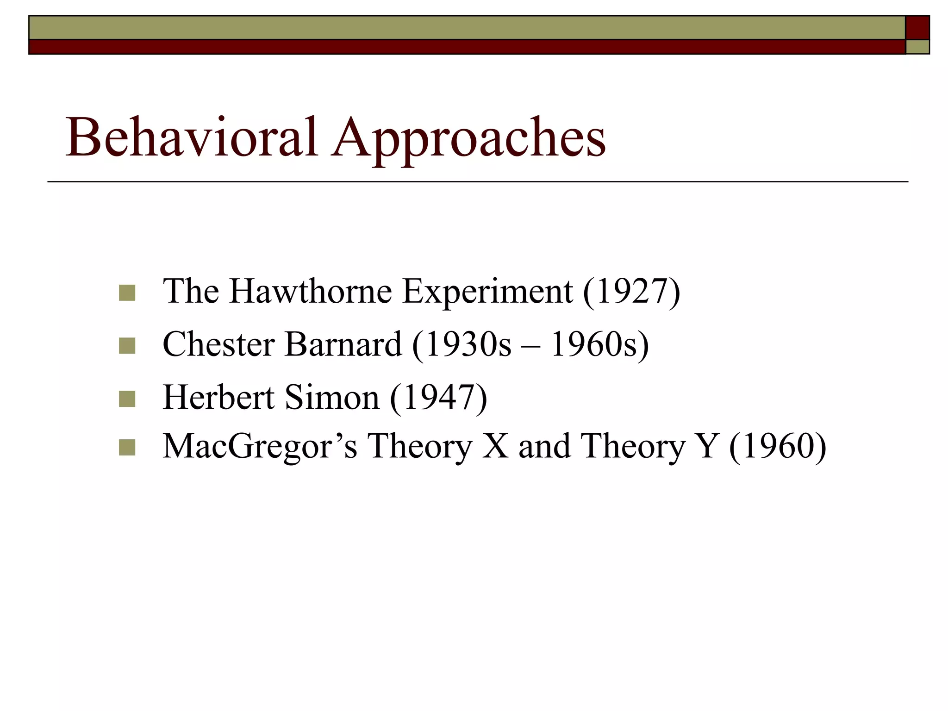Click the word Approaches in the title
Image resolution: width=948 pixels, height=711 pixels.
tap(468, 139)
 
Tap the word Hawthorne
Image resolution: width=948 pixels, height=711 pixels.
tap(311, 292)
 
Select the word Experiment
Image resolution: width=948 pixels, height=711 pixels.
tap(487, 293)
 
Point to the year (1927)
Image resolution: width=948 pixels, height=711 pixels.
tap(631, 292)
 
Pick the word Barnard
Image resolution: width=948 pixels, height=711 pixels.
tap(343, 344)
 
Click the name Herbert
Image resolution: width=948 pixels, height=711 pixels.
tap(218, 397)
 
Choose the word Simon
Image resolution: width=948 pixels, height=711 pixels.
tap(331, 397)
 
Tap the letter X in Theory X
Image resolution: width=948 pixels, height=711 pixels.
tap(497, 446)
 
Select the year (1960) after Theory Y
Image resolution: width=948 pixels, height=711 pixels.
tap(777, 446)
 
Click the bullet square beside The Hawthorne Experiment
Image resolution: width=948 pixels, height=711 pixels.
tap(127, 293)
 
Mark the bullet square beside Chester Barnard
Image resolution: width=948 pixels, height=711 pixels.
tap(127, 345)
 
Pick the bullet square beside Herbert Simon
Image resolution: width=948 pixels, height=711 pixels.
tap(127, 399)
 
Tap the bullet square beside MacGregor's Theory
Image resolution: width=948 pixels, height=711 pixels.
tap(127, 448)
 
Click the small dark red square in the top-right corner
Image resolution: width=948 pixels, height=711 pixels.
tap(917, 28)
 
